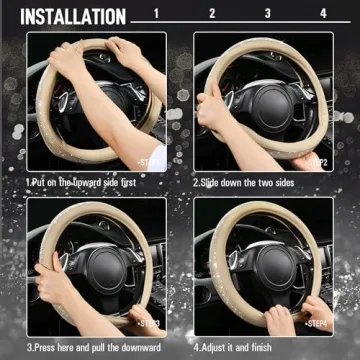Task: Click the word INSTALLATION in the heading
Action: [73, 16]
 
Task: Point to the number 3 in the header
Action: [294, 14]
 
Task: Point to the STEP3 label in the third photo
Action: [151, 323]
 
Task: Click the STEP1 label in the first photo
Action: [151, 160]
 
